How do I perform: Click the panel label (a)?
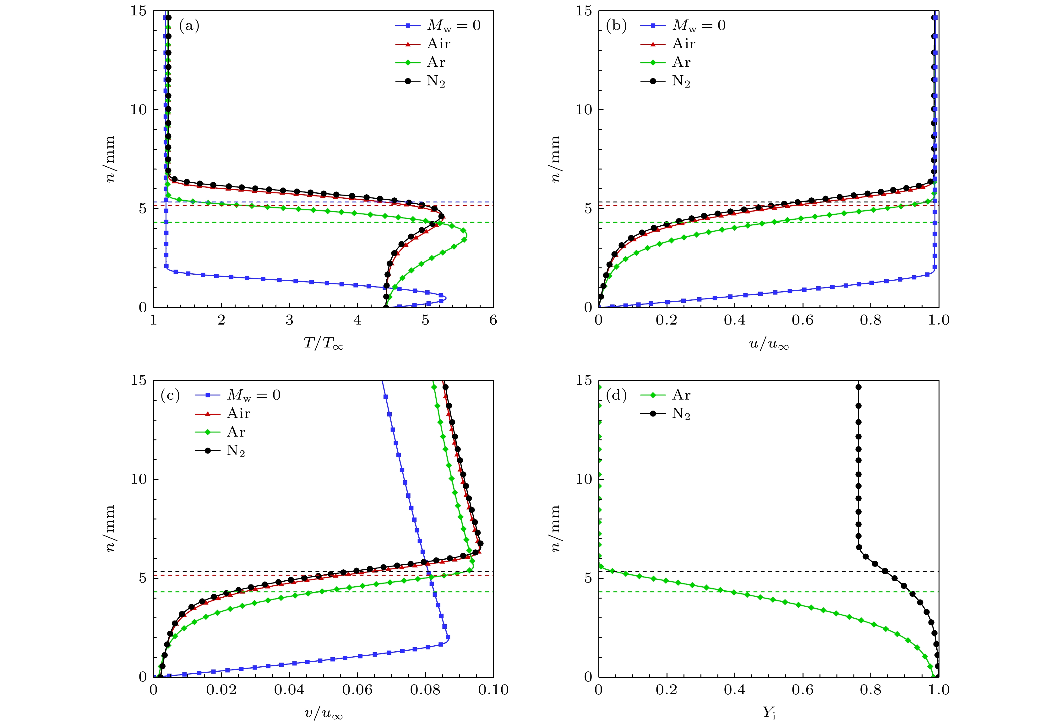tap(189, 26)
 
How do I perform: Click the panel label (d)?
tap(616, 395)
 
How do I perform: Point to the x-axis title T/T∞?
tap(323, 344)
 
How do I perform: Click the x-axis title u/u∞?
tap(768, 344)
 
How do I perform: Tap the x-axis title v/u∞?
tap(323, 713)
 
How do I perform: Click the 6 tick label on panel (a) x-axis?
tap(493, 321)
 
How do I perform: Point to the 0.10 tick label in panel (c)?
tap(493, 690)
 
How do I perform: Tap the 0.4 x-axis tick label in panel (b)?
tap(734, 321)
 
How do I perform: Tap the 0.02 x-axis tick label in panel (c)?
tap(221, 690)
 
